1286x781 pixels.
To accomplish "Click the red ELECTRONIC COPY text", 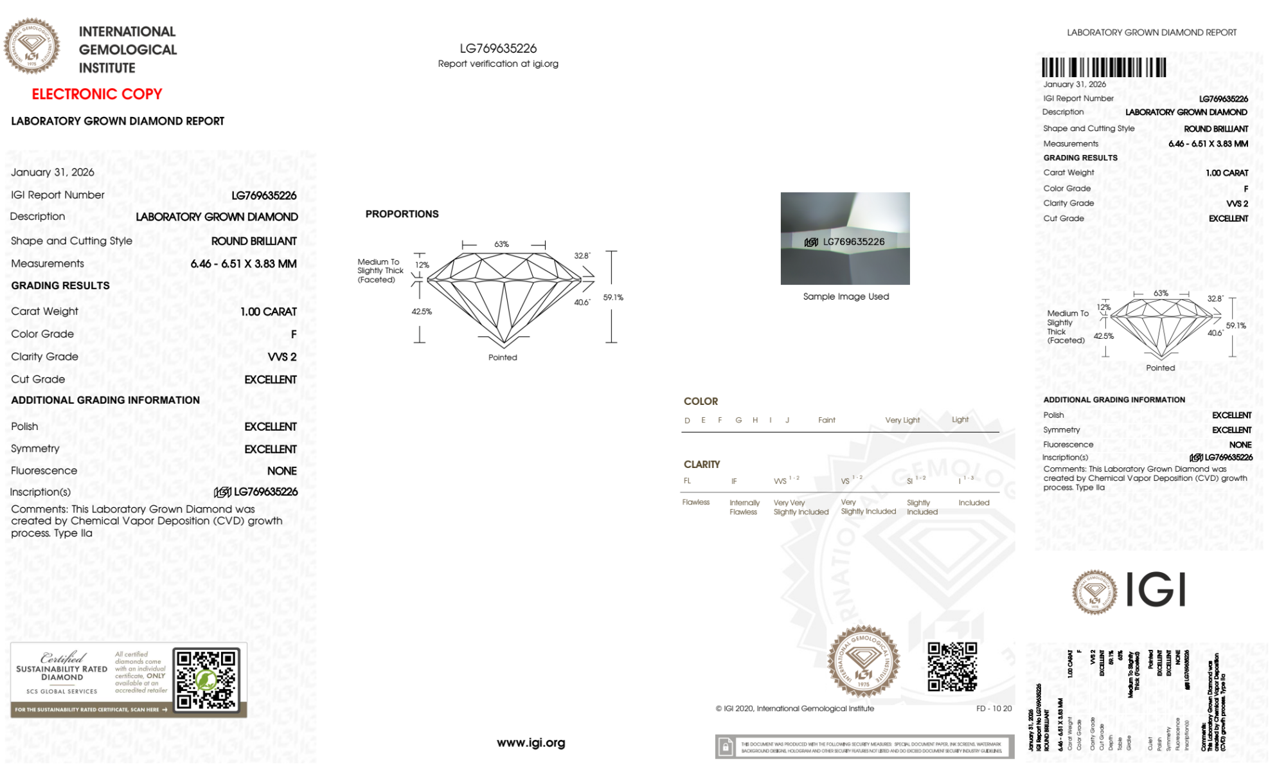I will pos(96,94).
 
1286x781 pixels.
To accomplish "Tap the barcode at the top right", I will pos(1103,67).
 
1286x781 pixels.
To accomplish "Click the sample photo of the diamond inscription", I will pos(844,238).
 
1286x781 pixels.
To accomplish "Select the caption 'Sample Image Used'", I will pos(846,296).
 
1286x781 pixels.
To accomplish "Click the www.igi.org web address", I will pos(531,742).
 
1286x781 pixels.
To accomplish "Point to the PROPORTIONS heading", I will pos(402,214).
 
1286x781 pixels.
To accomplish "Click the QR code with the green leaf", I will pos(206,679).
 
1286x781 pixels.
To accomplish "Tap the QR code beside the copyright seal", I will pos(952,667).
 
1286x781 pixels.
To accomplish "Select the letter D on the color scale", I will pos(687,420).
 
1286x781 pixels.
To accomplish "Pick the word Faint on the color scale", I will pos(826,420).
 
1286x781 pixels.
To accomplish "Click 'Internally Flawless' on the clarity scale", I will pos(744,507).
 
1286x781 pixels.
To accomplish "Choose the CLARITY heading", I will pos(701,464).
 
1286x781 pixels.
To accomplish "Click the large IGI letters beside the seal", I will pos(1156,590).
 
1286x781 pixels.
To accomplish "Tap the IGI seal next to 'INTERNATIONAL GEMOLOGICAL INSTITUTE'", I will pos(31,46).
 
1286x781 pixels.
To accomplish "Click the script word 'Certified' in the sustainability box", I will pos(62,657).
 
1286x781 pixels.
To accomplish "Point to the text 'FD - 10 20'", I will pos(993,708).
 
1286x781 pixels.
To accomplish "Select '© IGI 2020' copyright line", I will pos(794,708).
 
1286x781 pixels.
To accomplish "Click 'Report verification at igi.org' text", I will pos(498,64).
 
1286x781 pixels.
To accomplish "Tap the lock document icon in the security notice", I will pos(726,747).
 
